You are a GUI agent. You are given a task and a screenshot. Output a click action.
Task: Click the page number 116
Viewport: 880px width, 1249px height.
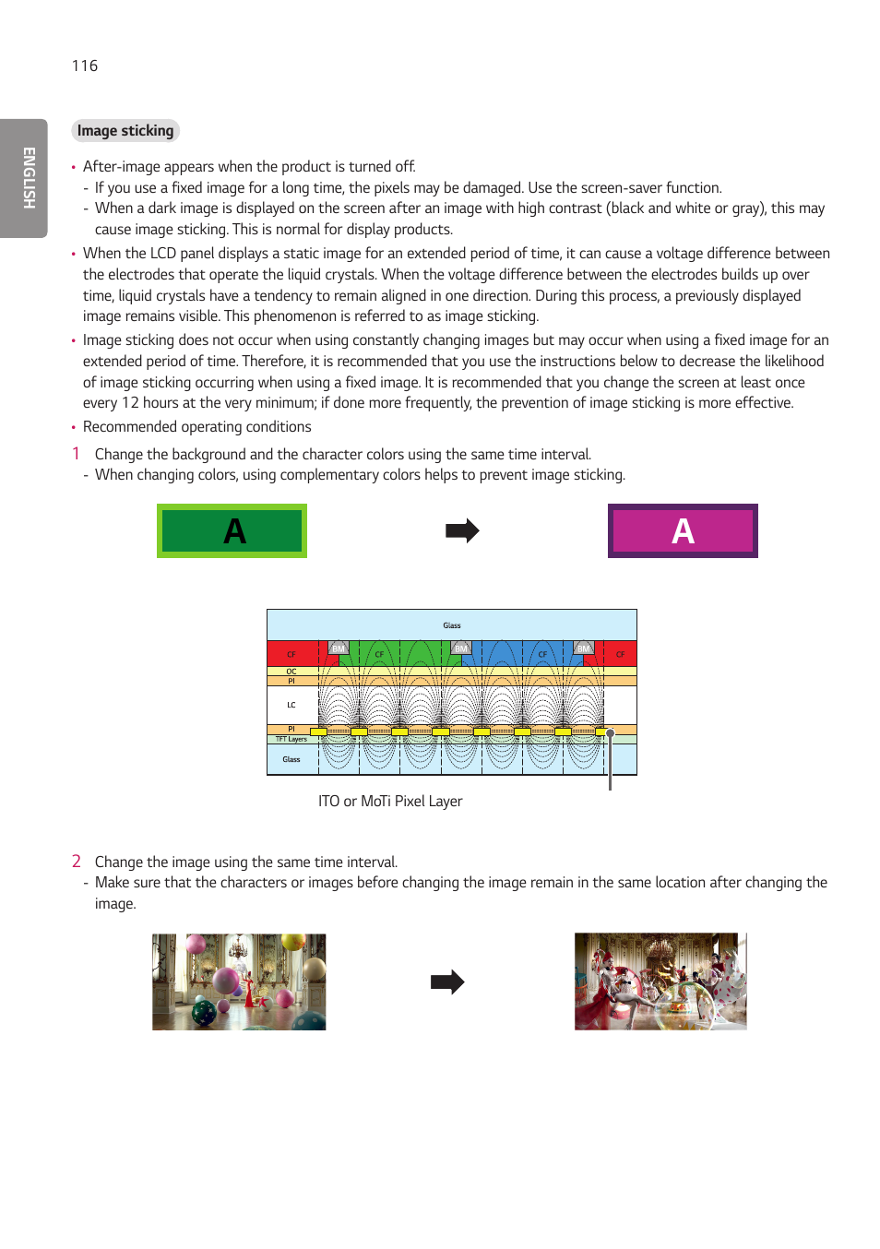(x=85, y=65)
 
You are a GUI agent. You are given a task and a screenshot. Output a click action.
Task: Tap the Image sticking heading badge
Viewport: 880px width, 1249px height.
(x=125, y=131)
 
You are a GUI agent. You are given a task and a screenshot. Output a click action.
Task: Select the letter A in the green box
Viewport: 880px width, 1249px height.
(x=234, y=531)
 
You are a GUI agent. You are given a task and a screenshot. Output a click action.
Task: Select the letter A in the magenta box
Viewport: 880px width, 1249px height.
(x=683, y=531)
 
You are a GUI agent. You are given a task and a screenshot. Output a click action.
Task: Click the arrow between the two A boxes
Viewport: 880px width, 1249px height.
(x=462, y=530)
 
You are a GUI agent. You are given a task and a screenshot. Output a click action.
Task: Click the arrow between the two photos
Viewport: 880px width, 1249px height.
(x=447, y=981)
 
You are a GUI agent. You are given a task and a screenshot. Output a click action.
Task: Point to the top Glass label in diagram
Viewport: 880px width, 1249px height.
(x=451, y=625)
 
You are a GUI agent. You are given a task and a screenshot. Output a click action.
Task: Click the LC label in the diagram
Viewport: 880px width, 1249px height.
(x=291, y=705)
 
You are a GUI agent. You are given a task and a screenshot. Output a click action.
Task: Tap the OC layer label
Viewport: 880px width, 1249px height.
(x=291, y=672)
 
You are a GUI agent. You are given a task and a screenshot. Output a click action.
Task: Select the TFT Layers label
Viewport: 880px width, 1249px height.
(x=291, y=739)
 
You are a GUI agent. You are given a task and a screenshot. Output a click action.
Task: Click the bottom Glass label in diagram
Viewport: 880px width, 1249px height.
(x=291, y=759)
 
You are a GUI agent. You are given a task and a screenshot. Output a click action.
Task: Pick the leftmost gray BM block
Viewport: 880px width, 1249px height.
(x=339, y=648)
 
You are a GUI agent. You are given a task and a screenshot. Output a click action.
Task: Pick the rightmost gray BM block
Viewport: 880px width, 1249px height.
(x=583, y=648)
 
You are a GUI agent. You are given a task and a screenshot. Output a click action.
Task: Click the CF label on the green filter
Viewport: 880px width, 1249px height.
(x=379, y=654)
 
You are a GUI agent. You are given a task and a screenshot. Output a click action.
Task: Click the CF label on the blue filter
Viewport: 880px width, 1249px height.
(x=542, y=654)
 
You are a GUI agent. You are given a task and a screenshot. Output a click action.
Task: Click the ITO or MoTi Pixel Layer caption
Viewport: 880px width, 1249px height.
(x=390, y=802)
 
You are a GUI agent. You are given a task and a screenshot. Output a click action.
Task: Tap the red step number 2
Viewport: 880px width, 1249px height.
(x=77, y=861)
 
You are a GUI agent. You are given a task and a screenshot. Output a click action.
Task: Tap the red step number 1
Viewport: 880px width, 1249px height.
(x=77, y=453)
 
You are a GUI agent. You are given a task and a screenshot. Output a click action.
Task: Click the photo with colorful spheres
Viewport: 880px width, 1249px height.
(x=239, y=981)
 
